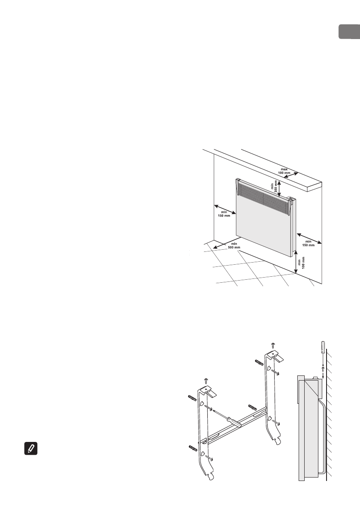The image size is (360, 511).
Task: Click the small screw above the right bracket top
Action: [x=272, y=345]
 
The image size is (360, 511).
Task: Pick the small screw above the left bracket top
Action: [x=206, y=380]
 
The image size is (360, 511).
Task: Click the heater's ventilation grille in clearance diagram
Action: [x=263, y=198]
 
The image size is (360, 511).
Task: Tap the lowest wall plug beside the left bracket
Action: [x=194, y=449]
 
